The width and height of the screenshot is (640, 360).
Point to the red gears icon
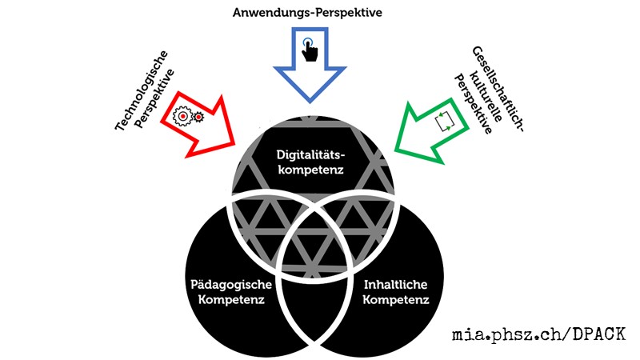(190, 117)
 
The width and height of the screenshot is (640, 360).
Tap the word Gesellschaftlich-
(497, 86)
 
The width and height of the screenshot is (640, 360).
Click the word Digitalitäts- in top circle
(314, 154)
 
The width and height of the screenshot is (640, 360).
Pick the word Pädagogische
(233, 286)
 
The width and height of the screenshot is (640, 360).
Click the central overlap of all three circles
(314, 240)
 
